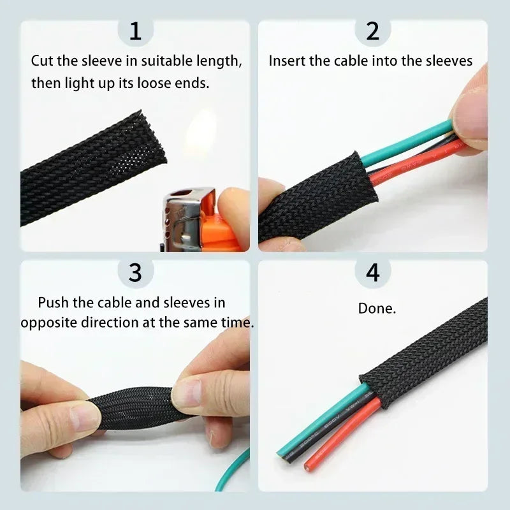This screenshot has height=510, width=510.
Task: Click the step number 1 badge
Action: [x=135, y=31]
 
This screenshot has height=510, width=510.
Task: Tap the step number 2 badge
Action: [x=372, y=31]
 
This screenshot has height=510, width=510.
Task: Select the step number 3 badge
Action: [x=135, y=272]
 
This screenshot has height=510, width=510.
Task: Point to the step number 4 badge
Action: [x=372, y=272]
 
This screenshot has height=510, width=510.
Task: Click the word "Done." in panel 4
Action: [x=377, y=309]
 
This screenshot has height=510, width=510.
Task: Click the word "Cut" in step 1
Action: [x=43, y=61]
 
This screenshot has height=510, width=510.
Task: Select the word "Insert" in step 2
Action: [x=286, y=61]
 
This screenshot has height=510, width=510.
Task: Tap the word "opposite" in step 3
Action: [x=48, y=322]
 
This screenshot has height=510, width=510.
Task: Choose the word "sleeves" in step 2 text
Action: [x=450, y=61]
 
